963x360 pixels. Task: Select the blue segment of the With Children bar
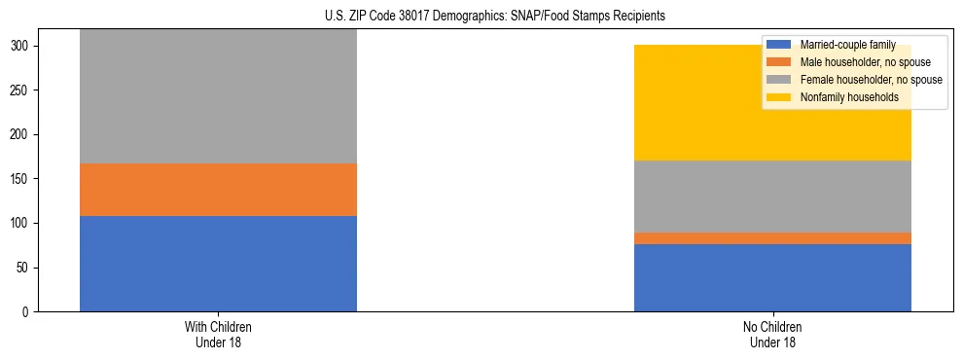(218, 263)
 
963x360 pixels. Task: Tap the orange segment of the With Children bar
(218, 189)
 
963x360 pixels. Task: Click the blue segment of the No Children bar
(772, 277)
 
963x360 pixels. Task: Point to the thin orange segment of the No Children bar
(772, 238)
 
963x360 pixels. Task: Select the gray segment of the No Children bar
(772, 196)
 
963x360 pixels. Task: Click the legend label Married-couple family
(847, 45)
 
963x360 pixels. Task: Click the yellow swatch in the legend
(779, 97)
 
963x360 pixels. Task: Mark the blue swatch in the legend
(779, 45)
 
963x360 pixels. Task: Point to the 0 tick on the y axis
(31, 311)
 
